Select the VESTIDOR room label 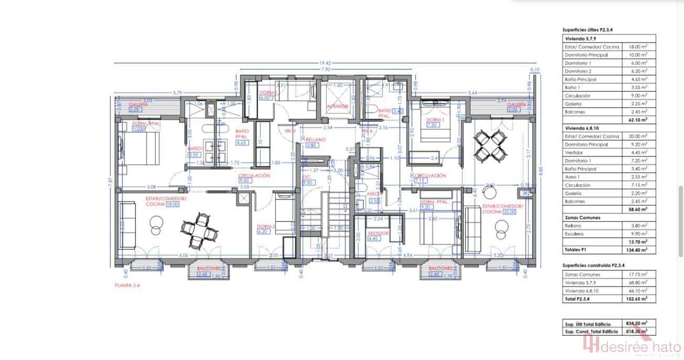pyautogui.click(x=378, y=232)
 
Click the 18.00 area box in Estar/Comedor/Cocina pyautogui.click(x=173, y=205)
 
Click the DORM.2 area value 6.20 pyautogui.click(x=263, y=231)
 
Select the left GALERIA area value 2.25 pyautogui.click(x=121, y=110)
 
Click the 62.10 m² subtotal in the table pyautogui.click(x=638, y=120)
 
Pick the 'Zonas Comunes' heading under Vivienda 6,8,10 pyautogui.click(x=583, y=217)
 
